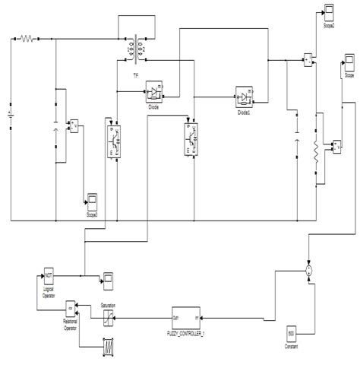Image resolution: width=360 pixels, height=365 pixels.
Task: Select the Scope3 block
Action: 91,202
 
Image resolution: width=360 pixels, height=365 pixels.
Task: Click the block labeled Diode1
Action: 244,97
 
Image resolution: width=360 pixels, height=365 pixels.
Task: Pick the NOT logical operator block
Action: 49,275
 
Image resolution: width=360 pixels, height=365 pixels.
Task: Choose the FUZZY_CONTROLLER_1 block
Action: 187,316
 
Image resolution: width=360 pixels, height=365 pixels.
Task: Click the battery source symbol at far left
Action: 10,117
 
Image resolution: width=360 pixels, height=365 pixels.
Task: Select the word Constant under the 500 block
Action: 290,348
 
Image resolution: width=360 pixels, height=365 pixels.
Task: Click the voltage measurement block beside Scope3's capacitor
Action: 73,125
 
